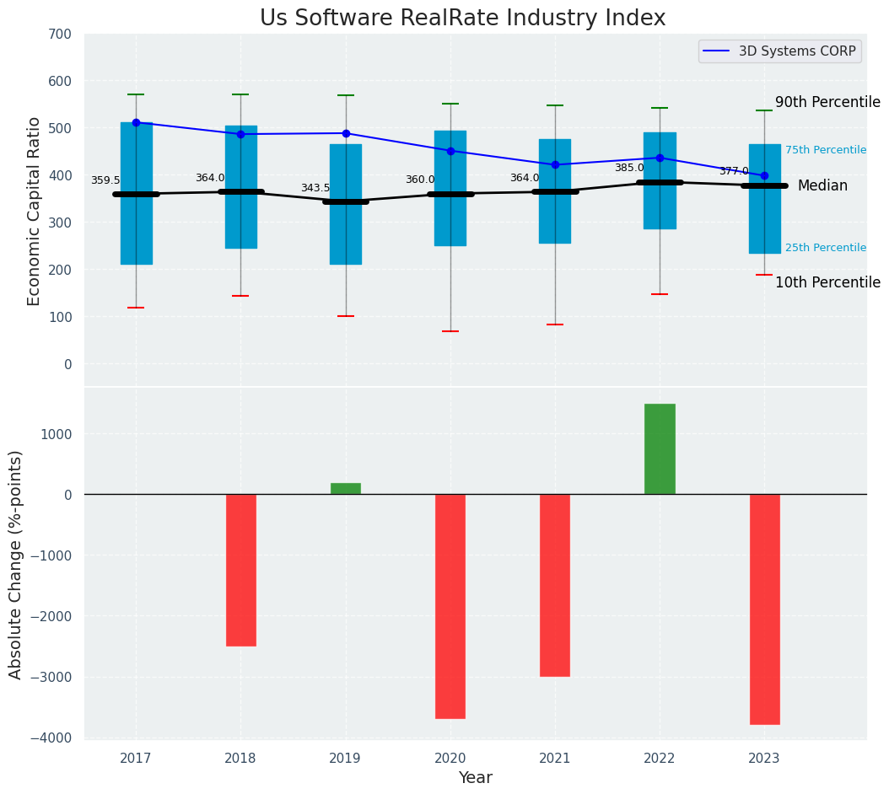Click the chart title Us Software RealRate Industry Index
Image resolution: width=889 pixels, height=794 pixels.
[x=462, y=19]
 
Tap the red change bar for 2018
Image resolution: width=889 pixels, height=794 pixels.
[x=240, y=570]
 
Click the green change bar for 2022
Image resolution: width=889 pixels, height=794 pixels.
[x=660, y=449]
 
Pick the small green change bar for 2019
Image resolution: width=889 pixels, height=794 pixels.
[x=346, y=489]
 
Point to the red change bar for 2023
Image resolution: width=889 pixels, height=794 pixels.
[x=764, y=609]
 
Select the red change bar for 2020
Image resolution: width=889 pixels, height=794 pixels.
[x=450, y=606]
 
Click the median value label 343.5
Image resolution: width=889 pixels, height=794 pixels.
[x=315, y=188]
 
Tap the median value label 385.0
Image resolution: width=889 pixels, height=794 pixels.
[x=629, y=168]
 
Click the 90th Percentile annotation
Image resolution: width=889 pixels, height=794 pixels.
[x=827, y=102]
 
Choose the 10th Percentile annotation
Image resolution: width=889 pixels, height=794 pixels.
[x=827, y=282]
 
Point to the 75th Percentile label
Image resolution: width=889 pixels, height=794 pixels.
[x=825, y=150]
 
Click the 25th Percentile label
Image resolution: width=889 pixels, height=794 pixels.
[x=825, y=248]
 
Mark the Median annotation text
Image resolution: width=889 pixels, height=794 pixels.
[x=822, y=185]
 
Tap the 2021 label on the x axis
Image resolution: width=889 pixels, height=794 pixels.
[x=555, y=759]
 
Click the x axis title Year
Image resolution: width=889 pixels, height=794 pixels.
[x=475, y=778]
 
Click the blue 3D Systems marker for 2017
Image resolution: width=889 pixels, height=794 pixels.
[x=136, y=122]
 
